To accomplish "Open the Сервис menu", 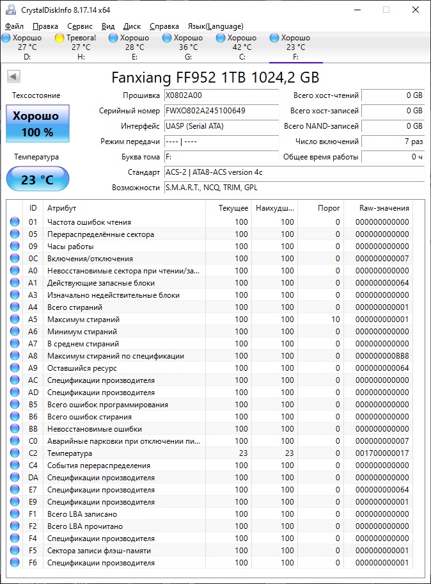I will (x=80, y=26).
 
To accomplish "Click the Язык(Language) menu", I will (x=215, y=26).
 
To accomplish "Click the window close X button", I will (x=416, y=10).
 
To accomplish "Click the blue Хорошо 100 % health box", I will (x=37, y=124).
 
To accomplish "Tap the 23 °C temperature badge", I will (x=37, y=180).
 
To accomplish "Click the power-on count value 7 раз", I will (x=393, y=142).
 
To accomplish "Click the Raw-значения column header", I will (x=383, y=208).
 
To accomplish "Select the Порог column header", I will (x=329, y=208).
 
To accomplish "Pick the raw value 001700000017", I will (x=382, y=453).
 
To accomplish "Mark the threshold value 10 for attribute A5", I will (x=336, y=320).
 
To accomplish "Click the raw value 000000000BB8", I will (x=382, y=356).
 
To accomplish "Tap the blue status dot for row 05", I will (x=15, y=234).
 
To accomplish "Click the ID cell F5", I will (x=33, y=551).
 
